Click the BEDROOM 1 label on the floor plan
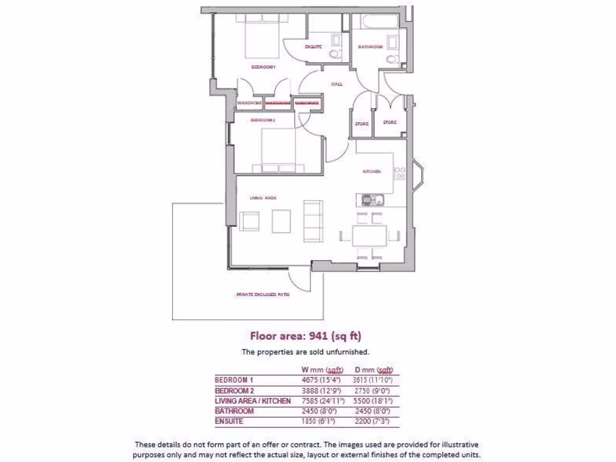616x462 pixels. click(x=263, y=67)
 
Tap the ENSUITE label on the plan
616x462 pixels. click(x=313, y=46)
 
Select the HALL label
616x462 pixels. click(x=337, y=84)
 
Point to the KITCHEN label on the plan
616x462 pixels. click(x=371, y=171)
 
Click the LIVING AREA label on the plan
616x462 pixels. click(x=262, y=197)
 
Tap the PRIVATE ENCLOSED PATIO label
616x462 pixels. click(x=259, y=295)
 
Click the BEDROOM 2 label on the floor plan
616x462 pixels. click(x=262, y=120)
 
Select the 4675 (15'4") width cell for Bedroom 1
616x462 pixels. click(x=321, y=380)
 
